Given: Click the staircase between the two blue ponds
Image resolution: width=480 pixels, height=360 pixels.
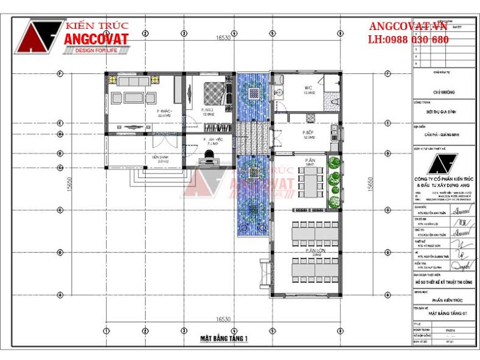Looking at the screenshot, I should [x=252, y=138].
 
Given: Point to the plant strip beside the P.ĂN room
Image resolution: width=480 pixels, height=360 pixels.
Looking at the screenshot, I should [x=334, y=182].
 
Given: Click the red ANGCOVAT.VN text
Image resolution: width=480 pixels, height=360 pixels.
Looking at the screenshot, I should [x=407, y=27].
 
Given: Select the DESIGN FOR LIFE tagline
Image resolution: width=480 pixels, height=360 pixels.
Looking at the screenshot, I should [x=98, y=51].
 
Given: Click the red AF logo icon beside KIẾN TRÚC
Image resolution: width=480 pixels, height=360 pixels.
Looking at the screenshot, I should [x=41, y=36].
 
